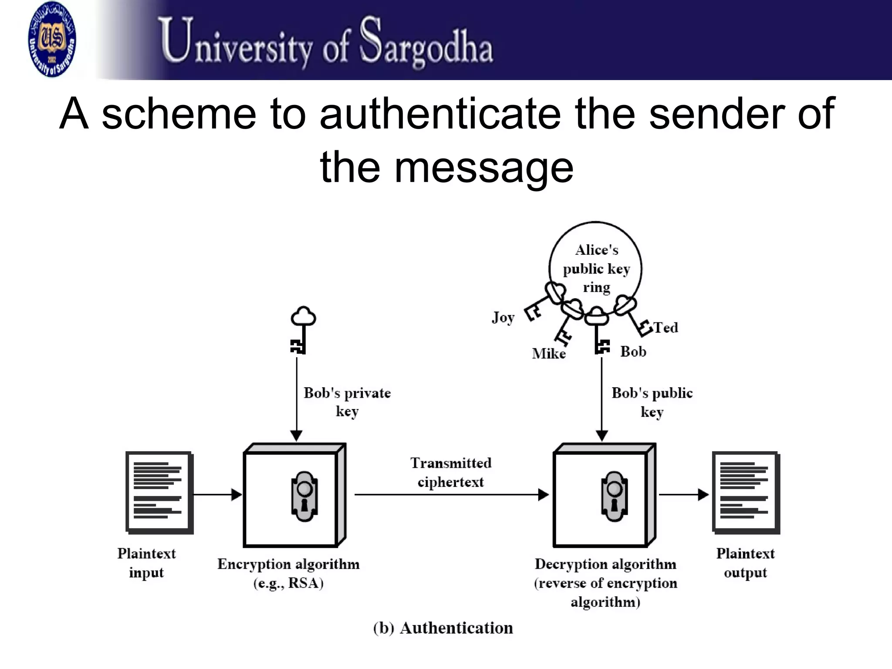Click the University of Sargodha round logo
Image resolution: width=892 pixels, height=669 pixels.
pos(52,39)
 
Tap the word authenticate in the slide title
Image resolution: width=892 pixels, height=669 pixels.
pos(439,114)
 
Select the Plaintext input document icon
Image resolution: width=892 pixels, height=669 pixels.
pos(159,493)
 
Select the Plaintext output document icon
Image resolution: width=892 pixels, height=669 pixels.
pos(746,493)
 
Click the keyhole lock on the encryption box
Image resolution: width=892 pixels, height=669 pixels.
pos(304,496)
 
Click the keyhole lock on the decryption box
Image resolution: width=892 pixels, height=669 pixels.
pos(614,496)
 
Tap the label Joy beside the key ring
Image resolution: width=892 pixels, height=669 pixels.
pos(503,317)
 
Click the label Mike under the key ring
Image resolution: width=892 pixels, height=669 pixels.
pos(549,353)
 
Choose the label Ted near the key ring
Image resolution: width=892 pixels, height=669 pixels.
pos(666,327)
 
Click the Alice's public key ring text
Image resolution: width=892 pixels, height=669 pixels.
pos(596,269)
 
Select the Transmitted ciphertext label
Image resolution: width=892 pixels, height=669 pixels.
pos(451,472)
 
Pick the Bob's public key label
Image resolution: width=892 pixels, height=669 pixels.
pos(652,402)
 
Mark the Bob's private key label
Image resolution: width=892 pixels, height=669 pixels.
pos(347,402)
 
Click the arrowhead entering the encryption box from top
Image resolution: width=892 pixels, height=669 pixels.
pos(297,435)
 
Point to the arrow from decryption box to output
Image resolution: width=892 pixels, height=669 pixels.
pos(683,494)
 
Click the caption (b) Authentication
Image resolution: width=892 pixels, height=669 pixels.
pos(443,628)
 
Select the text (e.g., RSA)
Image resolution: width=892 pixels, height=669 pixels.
pos(288,583)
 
